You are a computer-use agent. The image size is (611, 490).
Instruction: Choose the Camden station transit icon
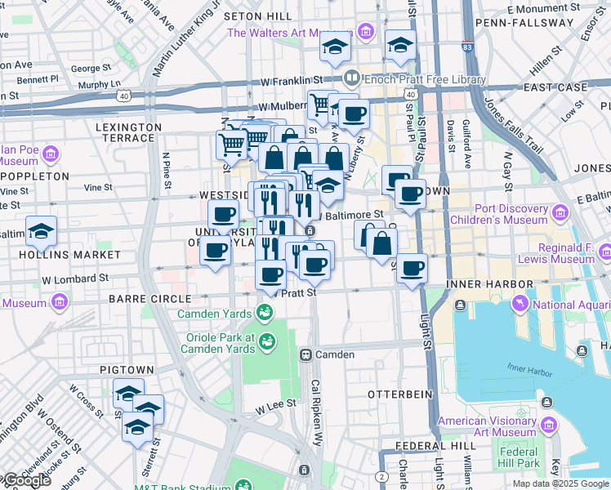[306, 354]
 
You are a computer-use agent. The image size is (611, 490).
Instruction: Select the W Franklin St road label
[292, 80]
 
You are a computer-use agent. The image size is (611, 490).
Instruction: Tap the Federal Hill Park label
[519, 457]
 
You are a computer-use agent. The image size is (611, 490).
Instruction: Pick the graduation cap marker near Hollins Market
[41, 231]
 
